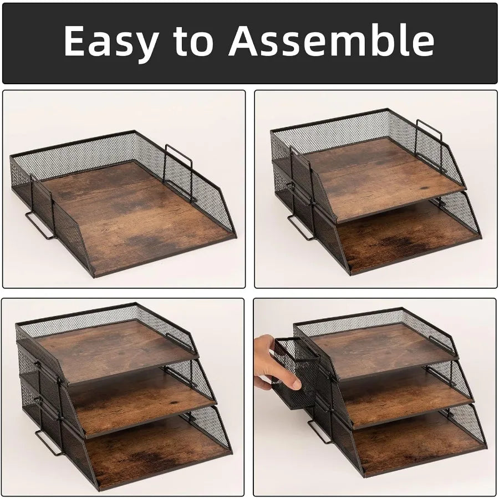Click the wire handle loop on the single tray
click(40, 226)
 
